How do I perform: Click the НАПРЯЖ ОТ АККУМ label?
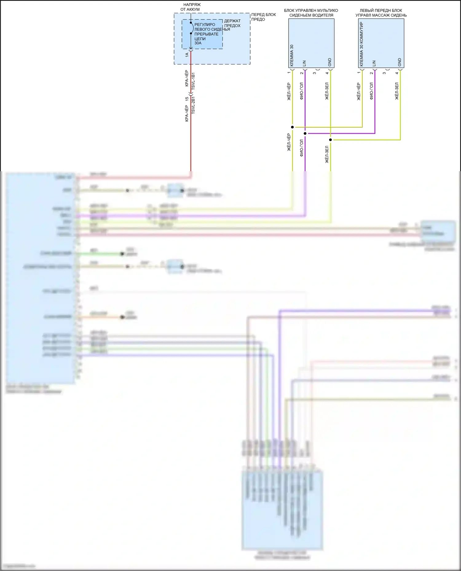190,7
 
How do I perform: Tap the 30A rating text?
198,43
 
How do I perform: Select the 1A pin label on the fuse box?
187,55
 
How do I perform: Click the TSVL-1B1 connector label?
193,81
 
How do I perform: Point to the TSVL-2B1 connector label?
193,105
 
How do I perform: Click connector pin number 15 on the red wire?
187,99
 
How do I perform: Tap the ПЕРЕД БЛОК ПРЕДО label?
263,17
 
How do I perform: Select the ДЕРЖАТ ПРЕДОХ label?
232,23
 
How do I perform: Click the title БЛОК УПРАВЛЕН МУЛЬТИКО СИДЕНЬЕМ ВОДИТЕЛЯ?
311,13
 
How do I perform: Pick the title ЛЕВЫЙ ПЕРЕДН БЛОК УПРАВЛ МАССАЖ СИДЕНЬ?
381,13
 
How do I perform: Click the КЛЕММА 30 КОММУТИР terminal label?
361,44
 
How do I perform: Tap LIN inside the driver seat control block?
305,63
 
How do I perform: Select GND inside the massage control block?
400,62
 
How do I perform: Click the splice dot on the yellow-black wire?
292,127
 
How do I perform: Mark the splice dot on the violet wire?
305,133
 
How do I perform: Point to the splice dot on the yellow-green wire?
330,140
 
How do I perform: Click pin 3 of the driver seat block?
314,73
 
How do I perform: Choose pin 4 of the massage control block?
397,73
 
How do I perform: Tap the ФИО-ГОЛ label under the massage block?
371,91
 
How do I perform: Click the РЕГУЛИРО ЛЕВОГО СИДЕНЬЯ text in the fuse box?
212,27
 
